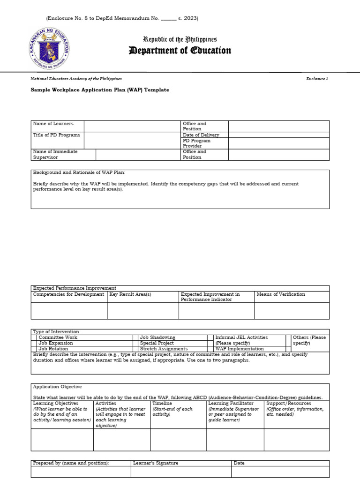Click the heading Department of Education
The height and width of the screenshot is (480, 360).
180,51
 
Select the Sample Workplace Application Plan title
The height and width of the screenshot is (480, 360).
99,90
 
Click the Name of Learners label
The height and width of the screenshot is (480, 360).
53,124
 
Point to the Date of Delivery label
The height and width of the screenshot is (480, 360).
201,135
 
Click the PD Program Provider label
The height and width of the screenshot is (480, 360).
197,143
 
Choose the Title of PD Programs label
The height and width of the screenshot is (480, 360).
56,135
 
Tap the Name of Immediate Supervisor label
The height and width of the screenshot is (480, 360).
55,154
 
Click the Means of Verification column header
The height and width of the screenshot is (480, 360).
280,294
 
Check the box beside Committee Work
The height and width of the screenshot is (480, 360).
34,337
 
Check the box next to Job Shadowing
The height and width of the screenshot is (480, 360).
136,337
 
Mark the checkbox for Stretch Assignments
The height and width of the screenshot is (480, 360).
136,349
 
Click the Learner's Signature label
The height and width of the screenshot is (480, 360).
156,463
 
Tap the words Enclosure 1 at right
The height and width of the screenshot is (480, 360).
318,79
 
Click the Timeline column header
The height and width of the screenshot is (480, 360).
162,403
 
